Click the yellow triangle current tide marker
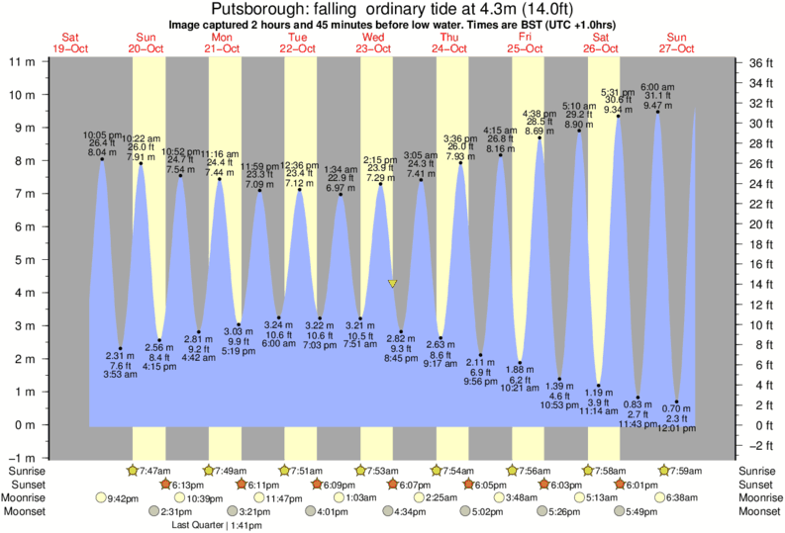[x=393, y=284]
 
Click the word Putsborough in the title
[x=257, y=9]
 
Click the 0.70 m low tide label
[x=677, y=408]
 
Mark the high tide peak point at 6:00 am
[x=658, y=112]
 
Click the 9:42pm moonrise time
[x=120, y=497]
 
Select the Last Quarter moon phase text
[x=198, y=525]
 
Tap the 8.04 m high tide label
[x=102, y=153]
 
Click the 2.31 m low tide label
[x=120, y=355]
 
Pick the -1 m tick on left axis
[x=22, y=458]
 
